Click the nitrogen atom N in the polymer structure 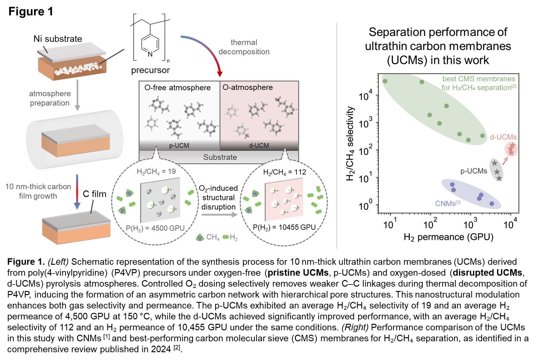[x=150, y=54]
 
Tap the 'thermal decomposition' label [x=244, y=47]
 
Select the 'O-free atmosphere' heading [x=178, y=88]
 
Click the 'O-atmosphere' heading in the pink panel [x=248, y=87]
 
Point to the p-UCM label [x=179, y=146]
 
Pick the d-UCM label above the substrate [x=259, y=146]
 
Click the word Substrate [x=220, y=157]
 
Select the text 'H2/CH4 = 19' [x=156, y=172]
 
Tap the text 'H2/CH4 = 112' [x=285, y=172]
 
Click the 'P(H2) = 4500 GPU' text [x=155, y=228]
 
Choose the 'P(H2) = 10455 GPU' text [x=284, y=228]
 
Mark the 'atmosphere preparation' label [x=50, y=98]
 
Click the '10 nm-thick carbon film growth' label [x=38, y=191]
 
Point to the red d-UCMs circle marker [x=511, y=149]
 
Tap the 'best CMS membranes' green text [x=478, y=79]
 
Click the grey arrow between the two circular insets [x=220, y=215]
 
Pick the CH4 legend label [x=213, y=237]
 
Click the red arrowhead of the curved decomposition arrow [x=220, y=74]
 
